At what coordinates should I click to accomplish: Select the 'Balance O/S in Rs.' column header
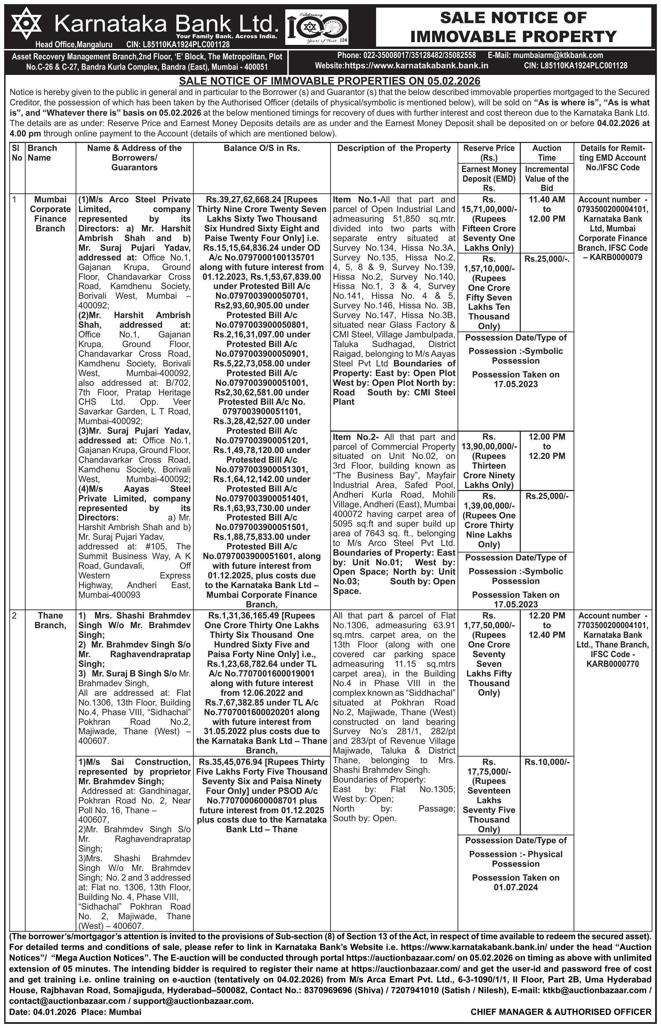(x=261, y=148)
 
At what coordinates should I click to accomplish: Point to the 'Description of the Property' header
(x=394, y=148)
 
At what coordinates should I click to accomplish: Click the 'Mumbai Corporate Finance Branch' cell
(x=50, y=214)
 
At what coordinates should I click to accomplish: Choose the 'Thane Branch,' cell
(x=50, y=621)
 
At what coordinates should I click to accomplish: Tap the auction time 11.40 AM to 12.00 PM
(x=546, y=209)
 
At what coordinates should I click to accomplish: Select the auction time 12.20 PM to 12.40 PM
(x=546, y=625)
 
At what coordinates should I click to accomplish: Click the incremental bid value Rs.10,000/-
(x=546, y=762)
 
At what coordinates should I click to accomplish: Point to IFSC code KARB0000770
(x=613, y=664)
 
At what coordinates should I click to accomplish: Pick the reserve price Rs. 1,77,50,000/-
(x=489, y=621)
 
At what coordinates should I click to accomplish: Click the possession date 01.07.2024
(x=516, y=887)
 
